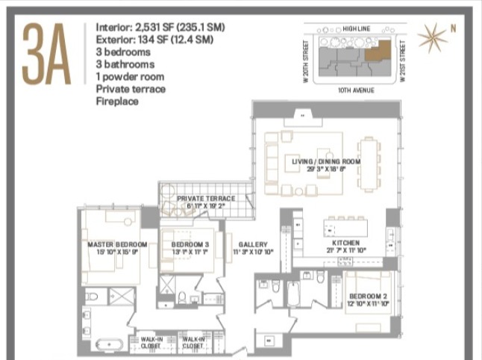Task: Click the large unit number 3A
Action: (46, 54)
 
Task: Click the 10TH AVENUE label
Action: (357, 88)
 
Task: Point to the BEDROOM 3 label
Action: (190, 244)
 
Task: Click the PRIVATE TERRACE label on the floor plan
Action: (206, 198)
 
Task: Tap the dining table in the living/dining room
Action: (367, 164)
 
